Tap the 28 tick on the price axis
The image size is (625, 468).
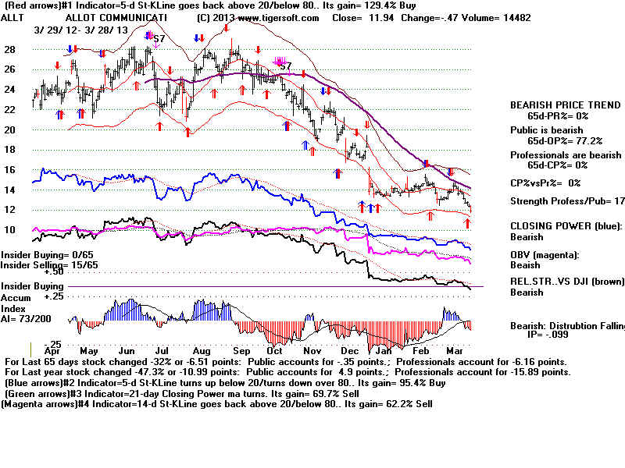[10, 49]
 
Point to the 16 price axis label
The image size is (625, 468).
[10, 169]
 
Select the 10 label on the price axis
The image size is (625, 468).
[10, 229]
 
